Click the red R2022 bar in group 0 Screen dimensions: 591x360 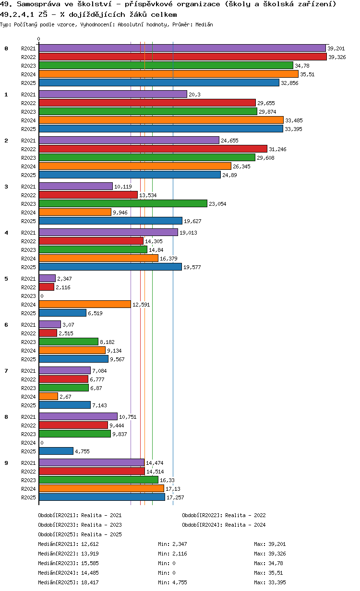tap(182, 57)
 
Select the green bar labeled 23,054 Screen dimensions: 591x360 tap(123, 203)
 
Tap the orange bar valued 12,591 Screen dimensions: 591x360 tap(84, 304)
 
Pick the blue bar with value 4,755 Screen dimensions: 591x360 tap(56, 451)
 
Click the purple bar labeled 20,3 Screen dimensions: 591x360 tap(113, 94)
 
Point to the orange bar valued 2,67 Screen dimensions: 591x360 tap(48, 396)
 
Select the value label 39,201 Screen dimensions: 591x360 tap(336, 48)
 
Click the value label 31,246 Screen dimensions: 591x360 tap(278, 149)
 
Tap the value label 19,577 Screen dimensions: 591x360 tap(192, 267)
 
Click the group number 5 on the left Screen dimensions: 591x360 tap(6, 279)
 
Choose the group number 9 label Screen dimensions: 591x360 tap(6, 463)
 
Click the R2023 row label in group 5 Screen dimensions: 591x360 tap(28, 296)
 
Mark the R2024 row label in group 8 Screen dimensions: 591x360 tap(28, 443)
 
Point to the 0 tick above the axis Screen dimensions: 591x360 tap(39, 39)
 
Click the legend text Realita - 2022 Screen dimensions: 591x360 tap(245, 515)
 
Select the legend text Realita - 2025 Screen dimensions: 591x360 tap(101, 534)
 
